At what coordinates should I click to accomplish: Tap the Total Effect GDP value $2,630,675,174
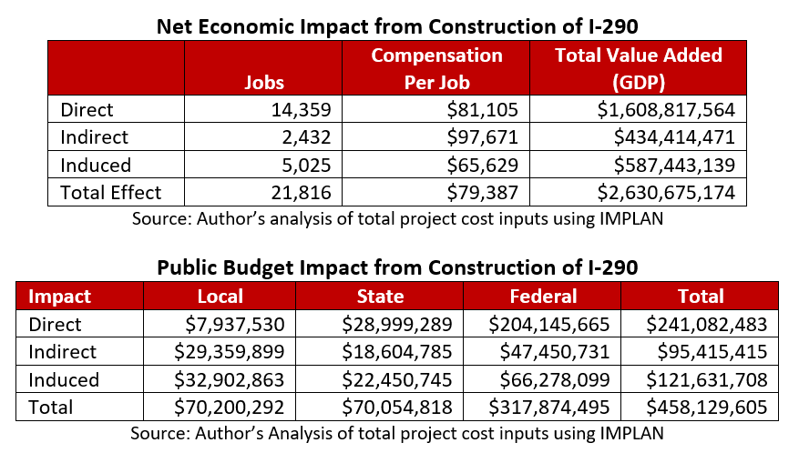tap(671, 193)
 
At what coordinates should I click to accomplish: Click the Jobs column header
tap(264, 82)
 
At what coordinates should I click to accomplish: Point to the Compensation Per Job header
tap(436, 68)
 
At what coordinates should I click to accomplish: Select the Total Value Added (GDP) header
tap(639, 68)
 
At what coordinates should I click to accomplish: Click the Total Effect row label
tap(110, 193)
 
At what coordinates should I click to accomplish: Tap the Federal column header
tap(544, 297)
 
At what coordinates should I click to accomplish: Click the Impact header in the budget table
tap(60, 297)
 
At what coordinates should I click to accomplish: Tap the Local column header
tap(220, 297)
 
